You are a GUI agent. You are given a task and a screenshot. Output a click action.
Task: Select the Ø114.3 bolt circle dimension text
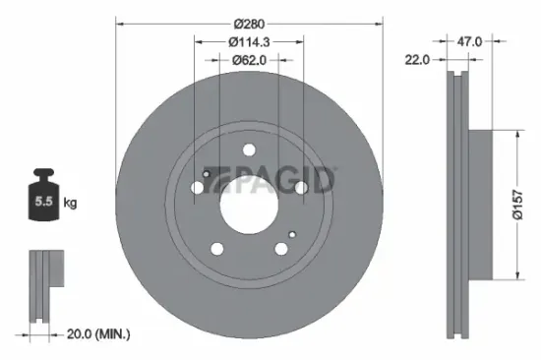[x=248, y=41]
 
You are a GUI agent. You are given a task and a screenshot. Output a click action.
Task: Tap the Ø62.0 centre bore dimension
[x=248, y=60]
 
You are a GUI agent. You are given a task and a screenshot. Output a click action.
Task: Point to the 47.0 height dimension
[x=469, y=42]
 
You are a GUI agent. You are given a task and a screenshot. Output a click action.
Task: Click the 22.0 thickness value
[x=418, y=61]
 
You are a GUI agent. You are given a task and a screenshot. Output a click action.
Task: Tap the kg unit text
[x=71, y=204]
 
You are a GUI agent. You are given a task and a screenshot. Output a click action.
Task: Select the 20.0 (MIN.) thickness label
[x=94, y=335]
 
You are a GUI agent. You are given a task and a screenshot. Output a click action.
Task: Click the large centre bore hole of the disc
[x=248, y=204]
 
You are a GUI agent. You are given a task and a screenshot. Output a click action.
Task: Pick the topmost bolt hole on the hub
[x=249, y=151]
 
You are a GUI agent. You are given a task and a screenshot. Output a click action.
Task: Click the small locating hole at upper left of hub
[x=206, y=174]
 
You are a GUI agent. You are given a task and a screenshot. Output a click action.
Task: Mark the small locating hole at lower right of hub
[x=292, y=233]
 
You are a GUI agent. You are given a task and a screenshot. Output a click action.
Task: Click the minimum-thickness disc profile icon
[x=41, y=285]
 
